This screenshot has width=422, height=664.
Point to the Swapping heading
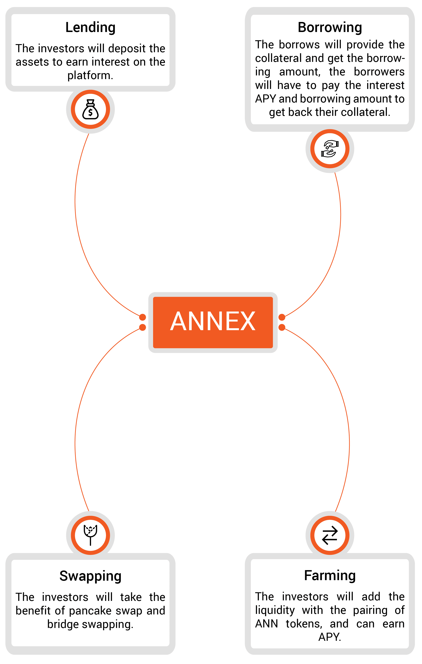(x=90, y=576)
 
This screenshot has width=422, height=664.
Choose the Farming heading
(x=330, y=576)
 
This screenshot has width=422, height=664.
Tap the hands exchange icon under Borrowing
(x=330, y=149)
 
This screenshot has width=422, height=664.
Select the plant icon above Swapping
(x=90, y=535)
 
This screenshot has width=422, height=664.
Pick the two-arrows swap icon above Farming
(x=330, y=535)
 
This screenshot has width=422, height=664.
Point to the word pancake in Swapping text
(x=90, y=611)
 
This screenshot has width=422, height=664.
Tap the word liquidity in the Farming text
(x=275, y=610)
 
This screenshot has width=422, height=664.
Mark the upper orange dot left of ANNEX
(x=143, y=317)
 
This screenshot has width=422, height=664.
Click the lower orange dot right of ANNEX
(x=282, y=327)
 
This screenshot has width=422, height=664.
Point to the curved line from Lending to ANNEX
(x=78, y=234)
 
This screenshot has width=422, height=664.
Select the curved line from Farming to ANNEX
(x=346, y=414)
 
